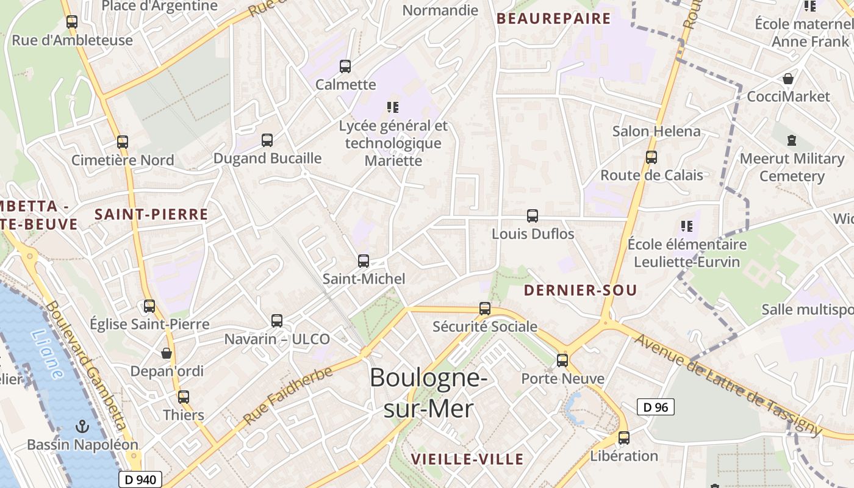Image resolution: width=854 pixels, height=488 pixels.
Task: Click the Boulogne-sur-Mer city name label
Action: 428,393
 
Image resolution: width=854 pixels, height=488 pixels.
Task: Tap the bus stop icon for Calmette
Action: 345,66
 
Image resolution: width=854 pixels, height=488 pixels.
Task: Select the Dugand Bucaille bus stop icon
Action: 267,140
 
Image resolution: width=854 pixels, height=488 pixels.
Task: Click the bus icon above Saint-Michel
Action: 364,261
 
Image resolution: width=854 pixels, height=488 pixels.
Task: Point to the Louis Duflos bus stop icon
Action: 533,216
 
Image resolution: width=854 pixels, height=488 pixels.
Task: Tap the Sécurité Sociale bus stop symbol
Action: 485,309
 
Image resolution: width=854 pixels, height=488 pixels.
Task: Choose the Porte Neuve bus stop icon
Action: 562,361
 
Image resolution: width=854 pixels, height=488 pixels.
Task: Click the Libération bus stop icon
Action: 624,438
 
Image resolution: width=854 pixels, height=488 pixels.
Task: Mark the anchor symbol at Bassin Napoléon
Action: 82,426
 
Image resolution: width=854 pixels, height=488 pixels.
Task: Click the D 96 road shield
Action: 656,407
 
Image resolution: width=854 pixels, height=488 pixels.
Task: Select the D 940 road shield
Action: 140,479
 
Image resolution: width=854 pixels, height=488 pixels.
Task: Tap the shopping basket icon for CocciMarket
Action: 788,79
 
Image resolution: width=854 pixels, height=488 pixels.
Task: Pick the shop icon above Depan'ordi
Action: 167,353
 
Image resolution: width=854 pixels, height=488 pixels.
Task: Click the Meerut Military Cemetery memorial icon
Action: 792,140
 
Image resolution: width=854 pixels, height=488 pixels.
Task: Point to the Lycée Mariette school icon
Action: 393,108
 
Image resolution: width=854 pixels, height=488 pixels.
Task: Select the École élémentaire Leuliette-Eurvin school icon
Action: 687,226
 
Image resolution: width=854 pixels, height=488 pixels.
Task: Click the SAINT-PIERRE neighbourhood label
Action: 151,215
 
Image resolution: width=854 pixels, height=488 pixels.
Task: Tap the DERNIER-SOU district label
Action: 580,290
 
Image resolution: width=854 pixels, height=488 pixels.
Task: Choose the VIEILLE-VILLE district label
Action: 467,459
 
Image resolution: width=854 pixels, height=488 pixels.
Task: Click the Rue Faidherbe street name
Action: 289,396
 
